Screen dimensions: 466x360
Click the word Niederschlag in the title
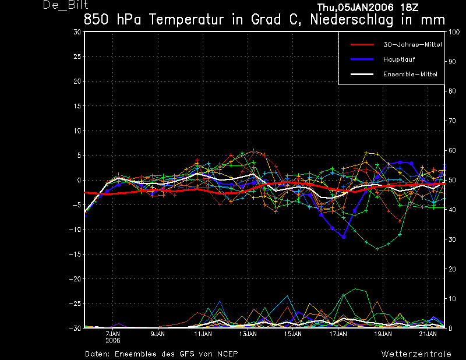pyautogui.click(x=352, y=20)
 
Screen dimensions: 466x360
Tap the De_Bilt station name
pyautogui.click(x=65, y=5)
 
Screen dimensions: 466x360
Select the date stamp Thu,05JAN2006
pyautogui.click(x=355, y=8)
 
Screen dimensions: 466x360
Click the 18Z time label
pyautogui.click(x=409, y=8)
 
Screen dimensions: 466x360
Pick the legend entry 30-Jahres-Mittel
pyautogui.click(x=412, y=45)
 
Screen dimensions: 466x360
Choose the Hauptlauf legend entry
pyautogui.click(x=399, y=59)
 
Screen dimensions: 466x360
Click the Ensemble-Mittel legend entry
pyautogui.click(x=410, y=74)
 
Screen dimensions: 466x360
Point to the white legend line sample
pyautogui.click(x=362, y=74)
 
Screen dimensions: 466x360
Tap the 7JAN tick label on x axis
pyautogui.click(x=113, y=334)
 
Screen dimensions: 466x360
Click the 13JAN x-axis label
pyautogui.click(x=248, y=334)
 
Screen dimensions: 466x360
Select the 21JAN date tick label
pyautogui.click(x=428, y=334)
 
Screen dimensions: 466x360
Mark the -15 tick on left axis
pyautogui.click(x=75, y=254)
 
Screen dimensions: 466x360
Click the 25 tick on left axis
pyautogui.click(x=77, y=56)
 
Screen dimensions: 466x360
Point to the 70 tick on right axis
pyautogui.click(x=452, y=121)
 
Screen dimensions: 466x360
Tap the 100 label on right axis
pyautogui.click(x=454, y=32)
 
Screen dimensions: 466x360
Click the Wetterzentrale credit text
pyautogui.click(x=416, y=354)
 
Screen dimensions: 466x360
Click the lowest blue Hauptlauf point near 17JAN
pyautogui.click(x=344, y=237)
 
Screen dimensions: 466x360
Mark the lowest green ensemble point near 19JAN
pyautogui.click(x=377, y=249)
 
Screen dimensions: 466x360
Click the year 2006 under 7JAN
pyautogui.click(x=113, y=340)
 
